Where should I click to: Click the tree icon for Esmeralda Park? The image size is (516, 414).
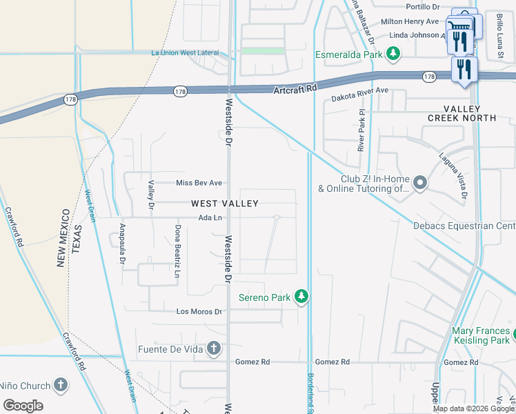(393, 53)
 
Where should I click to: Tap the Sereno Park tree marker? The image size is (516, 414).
(301, 297)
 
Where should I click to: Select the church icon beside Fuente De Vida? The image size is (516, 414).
(214, 348)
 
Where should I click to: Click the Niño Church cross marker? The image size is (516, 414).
(61, 386)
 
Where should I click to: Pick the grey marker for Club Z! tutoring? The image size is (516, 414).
(420, 183)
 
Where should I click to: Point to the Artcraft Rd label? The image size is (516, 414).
(295, 89)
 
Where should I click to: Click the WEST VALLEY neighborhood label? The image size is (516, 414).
(224, 204)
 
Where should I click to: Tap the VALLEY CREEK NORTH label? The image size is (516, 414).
(470, 113)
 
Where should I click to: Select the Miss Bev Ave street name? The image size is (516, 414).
(199, 183)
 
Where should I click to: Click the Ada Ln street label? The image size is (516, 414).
(210, 218)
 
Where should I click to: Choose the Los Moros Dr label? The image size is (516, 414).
(199, 311)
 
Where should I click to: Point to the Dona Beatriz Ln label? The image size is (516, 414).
(177, 246)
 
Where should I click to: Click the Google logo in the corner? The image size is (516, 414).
(23, 405)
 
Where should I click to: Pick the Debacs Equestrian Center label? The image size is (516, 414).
(464, 226)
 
